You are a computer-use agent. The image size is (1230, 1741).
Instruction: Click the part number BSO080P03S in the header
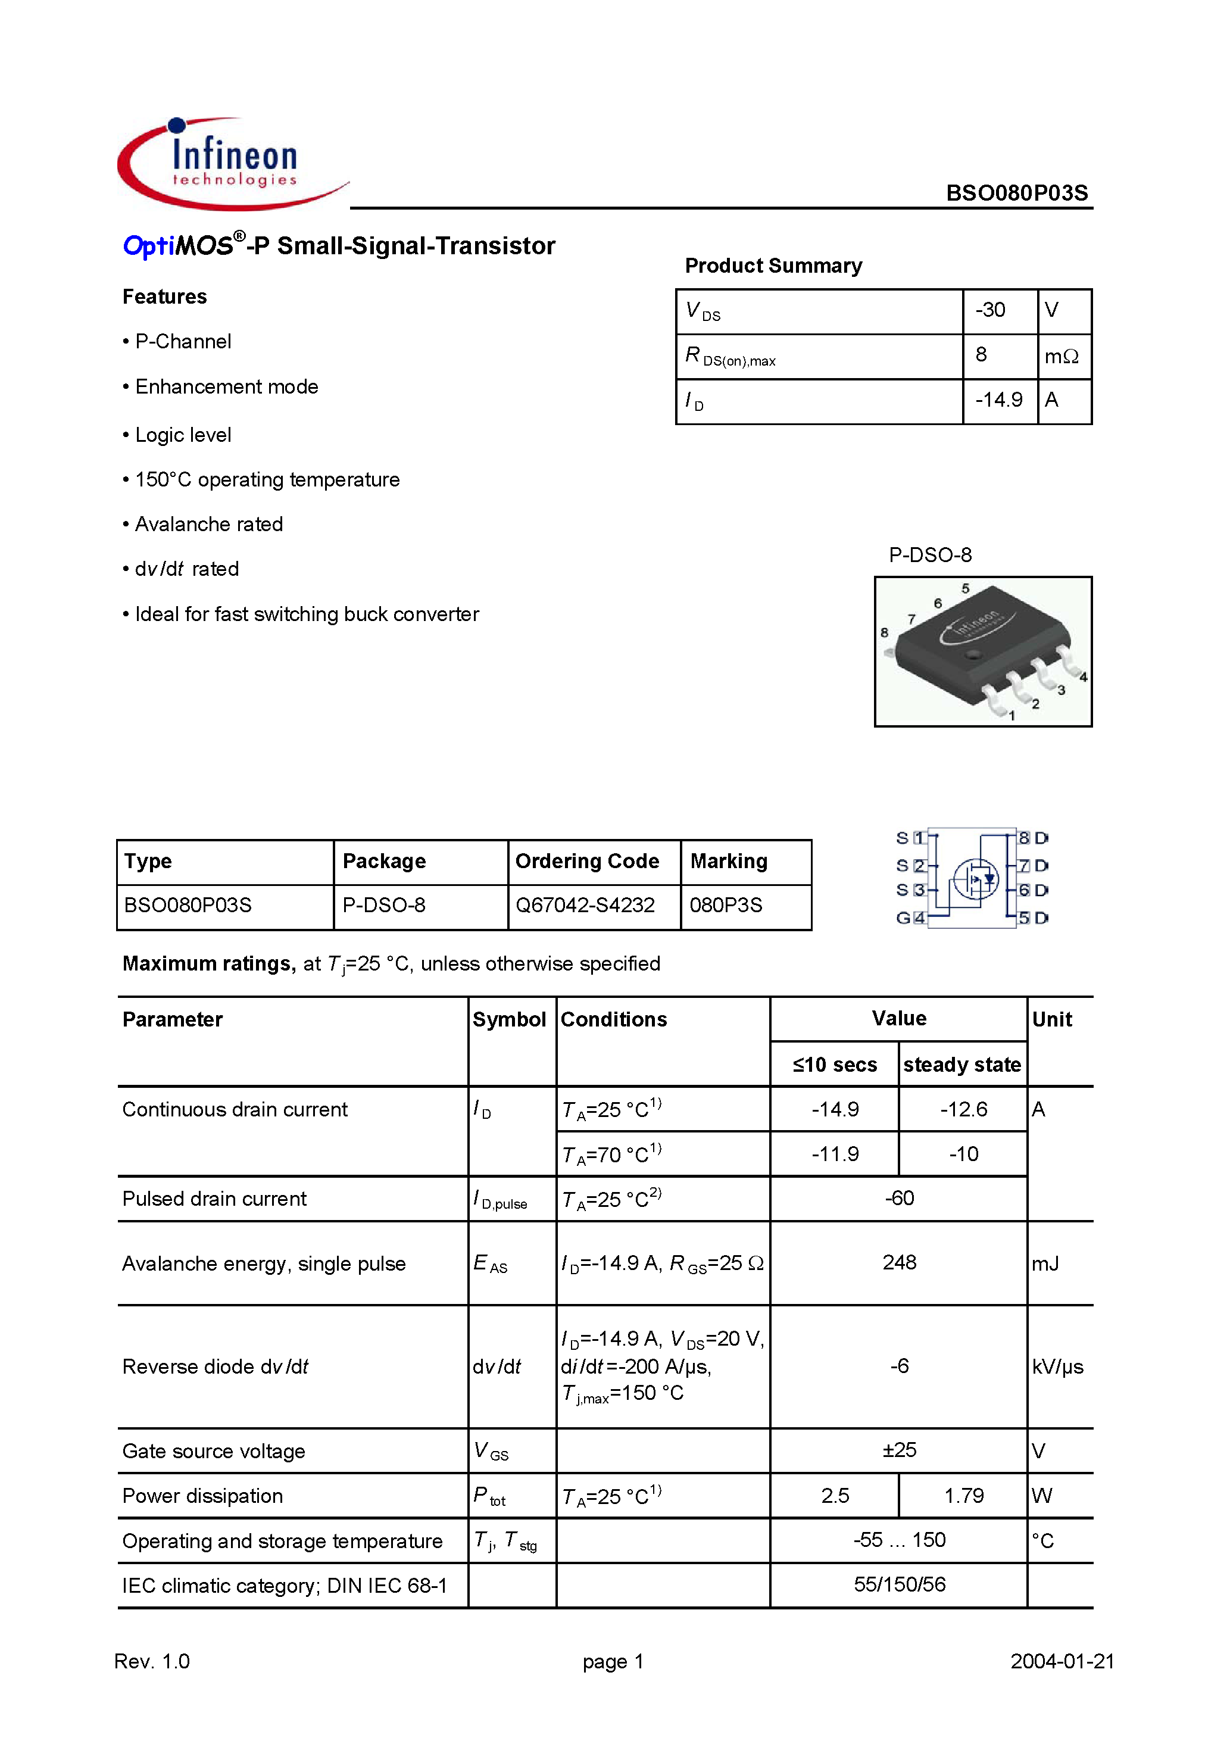[1016, 194]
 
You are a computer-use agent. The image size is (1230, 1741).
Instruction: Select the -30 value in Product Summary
[989, 310]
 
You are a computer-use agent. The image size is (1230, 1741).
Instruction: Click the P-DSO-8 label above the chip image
[930, 555]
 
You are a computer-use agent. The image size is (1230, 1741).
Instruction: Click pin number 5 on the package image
[965, 588]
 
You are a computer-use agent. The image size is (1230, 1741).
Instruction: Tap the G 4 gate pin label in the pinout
[910, 918]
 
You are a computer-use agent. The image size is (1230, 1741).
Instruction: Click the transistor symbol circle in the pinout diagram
[975, 879]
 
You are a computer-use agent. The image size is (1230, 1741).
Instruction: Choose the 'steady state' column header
[961, 1065]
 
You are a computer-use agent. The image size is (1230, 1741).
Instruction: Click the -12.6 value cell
[963, 1109]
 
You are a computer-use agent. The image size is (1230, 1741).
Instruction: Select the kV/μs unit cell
[1057, 1366]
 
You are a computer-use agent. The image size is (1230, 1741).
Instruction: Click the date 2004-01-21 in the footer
[1062, 1661]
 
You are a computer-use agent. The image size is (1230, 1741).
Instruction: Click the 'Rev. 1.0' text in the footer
[152, 1661]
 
